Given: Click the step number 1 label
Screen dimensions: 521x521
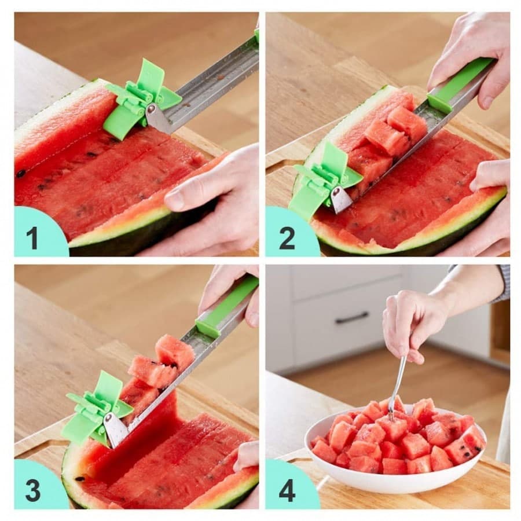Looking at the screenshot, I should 32,238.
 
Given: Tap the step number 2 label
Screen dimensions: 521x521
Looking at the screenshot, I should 287,238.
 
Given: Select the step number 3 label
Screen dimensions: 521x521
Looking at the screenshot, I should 33,490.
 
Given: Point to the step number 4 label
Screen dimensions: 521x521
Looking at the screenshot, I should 287,490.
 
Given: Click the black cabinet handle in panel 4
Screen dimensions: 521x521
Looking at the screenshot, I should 351,317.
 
